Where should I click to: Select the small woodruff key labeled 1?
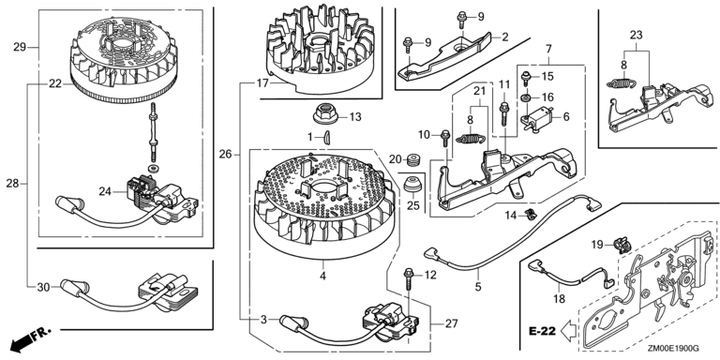(x=327, y=137)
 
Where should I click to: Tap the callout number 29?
(x=20, y=47)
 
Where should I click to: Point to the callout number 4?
(x=322, y=276)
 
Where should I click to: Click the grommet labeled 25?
(x=412, y=185)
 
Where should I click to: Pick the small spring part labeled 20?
(x=414, y=159)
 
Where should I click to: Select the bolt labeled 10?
(x=445, y=137)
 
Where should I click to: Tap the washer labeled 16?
(x=527, y=97)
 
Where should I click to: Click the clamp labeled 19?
(x=623, y=247)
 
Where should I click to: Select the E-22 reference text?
(x=542, y=331)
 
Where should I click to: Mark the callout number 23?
(x=636, y=35)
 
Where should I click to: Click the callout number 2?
(x=505, y=37)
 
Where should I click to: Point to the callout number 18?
(x=559, y=299)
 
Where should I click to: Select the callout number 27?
(x=451, y=323)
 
